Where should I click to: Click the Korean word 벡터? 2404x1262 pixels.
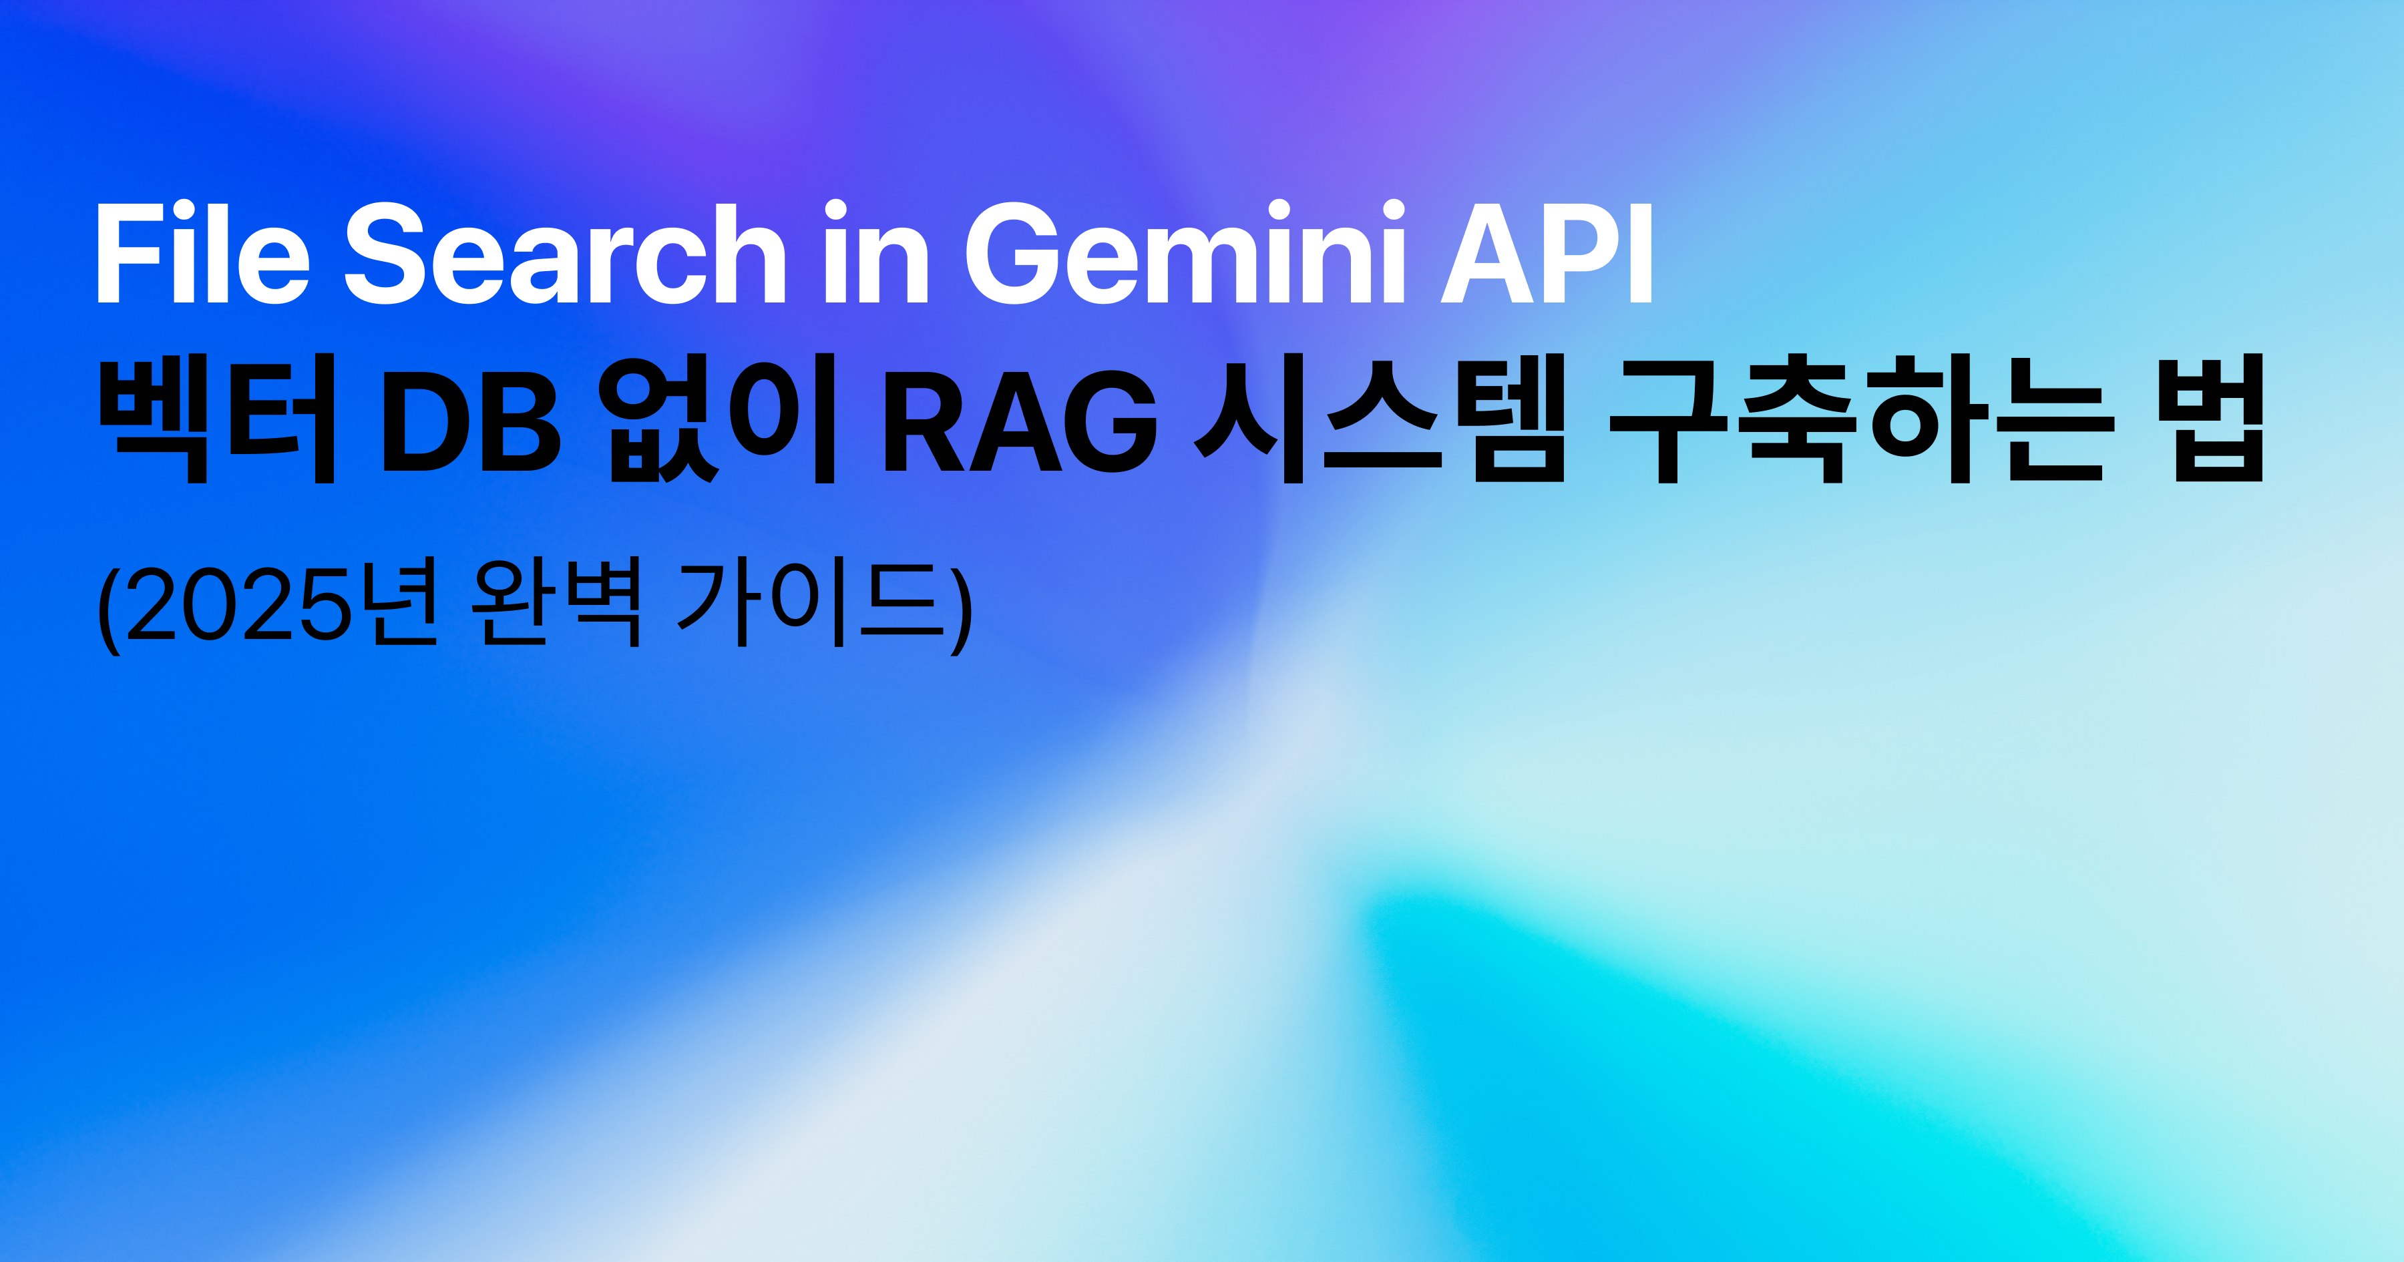[216, 418]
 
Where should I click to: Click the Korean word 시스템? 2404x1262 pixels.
[1380, 418]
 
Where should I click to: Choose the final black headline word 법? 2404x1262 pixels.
[2217, 418]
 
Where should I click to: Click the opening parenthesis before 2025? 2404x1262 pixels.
[110, 608]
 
